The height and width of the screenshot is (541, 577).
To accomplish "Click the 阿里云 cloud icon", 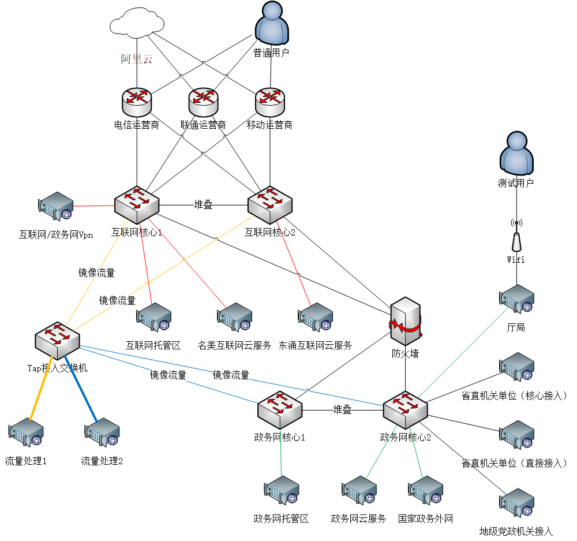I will pos(137,24).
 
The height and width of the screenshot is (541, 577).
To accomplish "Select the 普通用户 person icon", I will pos(271,23).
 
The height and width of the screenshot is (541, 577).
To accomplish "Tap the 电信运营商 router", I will pos(137,102).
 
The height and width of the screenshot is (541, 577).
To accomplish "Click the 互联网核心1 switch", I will pos(136,204).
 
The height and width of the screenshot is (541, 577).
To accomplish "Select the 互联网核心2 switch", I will pos(270,204).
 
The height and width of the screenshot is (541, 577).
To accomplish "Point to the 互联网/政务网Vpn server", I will pos(56,207).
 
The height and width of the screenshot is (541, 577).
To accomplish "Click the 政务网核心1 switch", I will pos(280,409).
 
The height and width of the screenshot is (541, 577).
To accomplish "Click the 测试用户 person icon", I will pos(516,153).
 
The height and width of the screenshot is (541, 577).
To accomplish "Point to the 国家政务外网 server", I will pos(426,491).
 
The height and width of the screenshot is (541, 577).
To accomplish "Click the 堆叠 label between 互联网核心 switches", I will pos(203,204).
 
